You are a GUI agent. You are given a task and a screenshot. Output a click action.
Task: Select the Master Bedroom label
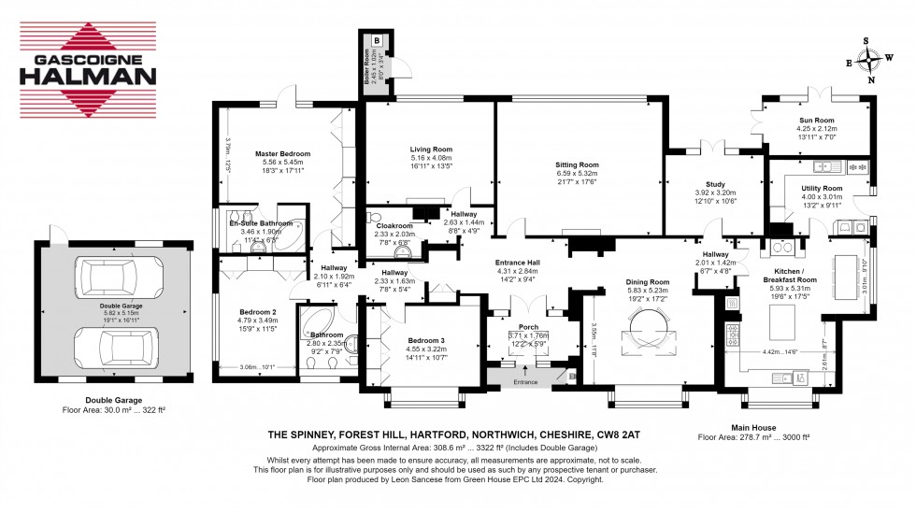(x=282, y=153)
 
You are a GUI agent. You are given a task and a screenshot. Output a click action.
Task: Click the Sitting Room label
(x=576, y=164)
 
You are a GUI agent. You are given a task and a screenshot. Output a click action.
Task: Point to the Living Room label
(x=431, y=149)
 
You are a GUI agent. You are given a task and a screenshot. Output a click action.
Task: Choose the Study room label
(x=717, y=185)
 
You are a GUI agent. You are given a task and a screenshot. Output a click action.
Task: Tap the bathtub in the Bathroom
(x=312, y=324)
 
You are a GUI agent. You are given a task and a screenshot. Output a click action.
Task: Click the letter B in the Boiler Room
(x=377, y=41)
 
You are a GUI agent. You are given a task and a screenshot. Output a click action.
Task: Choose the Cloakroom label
(x=394, y=225)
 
